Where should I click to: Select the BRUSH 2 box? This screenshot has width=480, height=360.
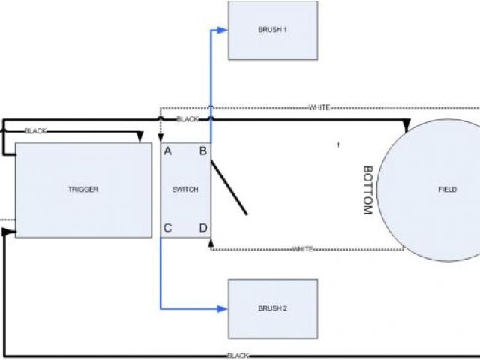click(x=273, y=307)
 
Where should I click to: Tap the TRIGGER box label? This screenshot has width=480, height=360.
click(x=82, y=190)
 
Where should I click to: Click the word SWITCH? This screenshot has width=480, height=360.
click(x=186, y=190)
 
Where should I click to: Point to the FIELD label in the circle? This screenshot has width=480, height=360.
click(x=447, y=190)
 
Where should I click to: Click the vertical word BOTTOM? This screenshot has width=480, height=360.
click(x=367, y=190)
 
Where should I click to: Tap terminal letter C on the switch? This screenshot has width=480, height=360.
click(x=168, y=228)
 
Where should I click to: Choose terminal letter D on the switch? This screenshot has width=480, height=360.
click(x=202, y=228)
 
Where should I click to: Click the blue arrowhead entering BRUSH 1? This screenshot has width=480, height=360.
click(x=221, y=31)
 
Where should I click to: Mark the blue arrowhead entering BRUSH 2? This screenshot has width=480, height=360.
click(x=221, y=308)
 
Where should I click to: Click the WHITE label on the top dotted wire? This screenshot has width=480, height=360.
click(x=319, y=108)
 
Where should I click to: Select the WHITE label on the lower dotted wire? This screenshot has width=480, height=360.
click(x=302, y=249)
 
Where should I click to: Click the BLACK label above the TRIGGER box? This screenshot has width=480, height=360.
click(x=35, y=131)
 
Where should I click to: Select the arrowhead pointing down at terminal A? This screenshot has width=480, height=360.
click(x=160, y=139)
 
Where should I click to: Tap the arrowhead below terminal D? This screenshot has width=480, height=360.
click(x=211, y=244)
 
